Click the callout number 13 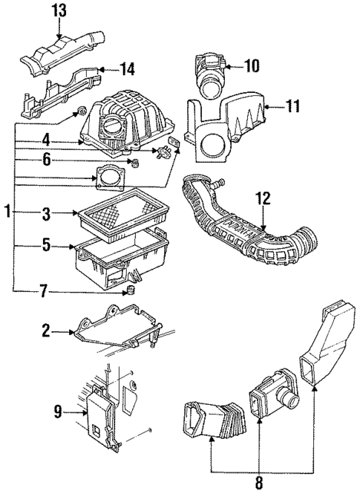click(x=59, y=10)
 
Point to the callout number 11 click(x=293, y=107)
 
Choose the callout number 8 click(x=259, y=482)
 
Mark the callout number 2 click(x=45, y=332)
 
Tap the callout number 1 click(x=7, y=212)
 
